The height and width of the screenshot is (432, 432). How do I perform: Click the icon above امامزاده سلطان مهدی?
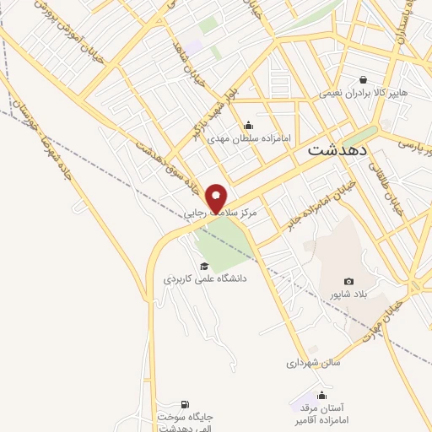248,126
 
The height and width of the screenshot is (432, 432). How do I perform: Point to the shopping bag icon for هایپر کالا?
362,79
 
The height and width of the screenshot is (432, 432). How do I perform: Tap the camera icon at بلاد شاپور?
348,281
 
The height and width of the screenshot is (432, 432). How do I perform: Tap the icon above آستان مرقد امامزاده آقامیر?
321,395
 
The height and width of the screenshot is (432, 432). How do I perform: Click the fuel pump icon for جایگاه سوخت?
186,404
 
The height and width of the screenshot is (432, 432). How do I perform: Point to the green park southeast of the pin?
226,239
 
